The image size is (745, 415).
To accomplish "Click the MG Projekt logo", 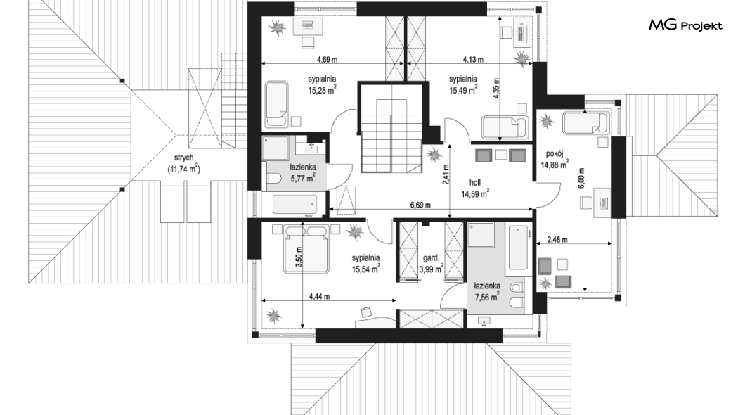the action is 685,25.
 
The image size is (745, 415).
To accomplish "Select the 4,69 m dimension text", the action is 328,60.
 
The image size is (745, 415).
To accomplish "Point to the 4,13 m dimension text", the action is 473,60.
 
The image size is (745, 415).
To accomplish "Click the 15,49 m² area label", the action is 463,90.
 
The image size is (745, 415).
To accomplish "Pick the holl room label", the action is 475,183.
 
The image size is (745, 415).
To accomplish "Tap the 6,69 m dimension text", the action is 420,205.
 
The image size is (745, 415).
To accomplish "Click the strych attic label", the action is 184,158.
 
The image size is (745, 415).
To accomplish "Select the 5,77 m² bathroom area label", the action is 303,178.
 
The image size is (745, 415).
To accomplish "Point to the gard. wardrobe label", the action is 431,259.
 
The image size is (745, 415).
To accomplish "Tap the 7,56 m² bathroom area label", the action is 487,297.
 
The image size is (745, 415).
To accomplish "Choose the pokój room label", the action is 555,153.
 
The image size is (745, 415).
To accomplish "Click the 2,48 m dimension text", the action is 557,240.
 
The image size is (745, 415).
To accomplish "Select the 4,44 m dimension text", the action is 319,297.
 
